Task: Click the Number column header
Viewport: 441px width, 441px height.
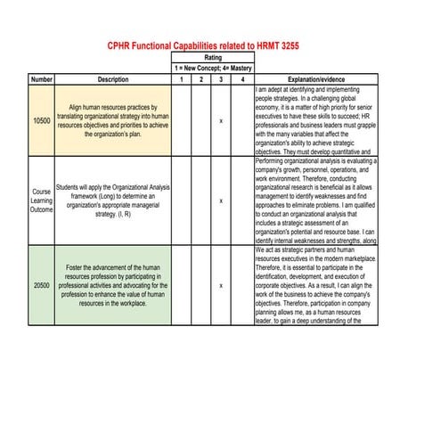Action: [41, 79]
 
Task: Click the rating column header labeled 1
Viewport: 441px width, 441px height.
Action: [180, 79]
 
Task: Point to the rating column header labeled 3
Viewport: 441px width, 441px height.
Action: [221, 79]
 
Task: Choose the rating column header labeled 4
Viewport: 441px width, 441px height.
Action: [241, 79]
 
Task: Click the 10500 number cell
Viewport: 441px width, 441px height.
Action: [41, 120]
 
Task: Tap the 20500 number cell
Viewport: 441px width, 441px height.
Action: [41, 285]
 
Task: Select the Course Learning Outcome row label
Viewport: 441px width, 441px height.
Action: [41, 201]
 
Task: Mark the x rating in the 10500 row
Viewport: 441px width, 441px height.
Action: [221, 120]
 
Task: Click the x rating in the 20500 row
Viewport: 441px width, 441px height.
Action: [221, 285]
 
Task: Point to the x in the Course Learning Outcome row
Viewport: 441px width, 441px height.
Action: [221, 201]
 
